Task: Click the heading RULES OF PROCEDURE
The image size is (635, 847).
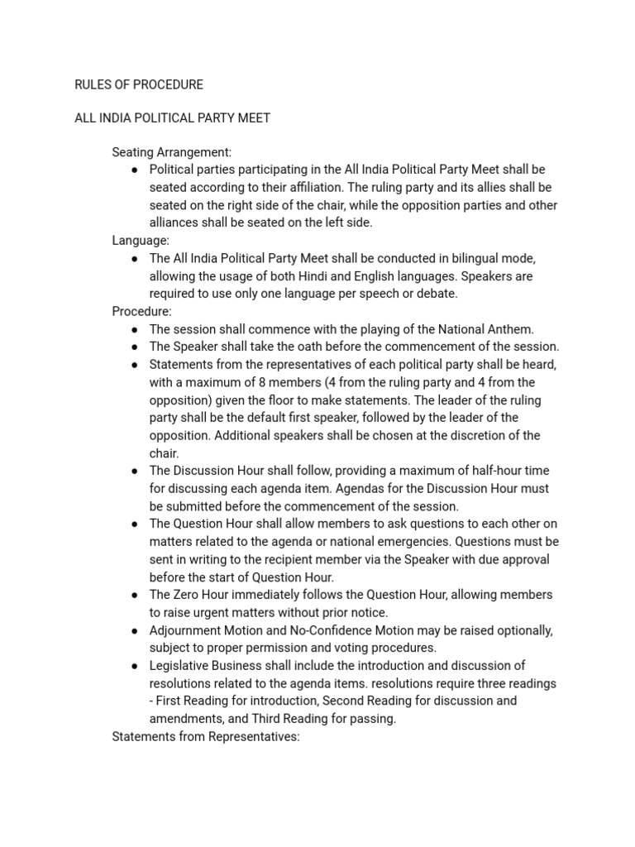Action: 139,84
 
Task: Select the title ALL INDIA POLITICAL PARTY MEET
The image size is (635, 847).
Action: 173,117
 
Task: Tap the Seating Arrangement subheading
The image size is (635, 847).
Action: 172,152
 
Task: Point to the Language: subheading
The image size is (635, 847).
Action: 141,241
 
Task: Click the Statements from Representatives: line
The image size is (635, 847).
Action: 206,736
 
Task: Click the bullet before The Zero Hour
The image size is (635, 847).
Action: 135,595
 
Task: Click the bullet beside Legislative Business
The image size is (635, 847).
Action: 135,666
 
